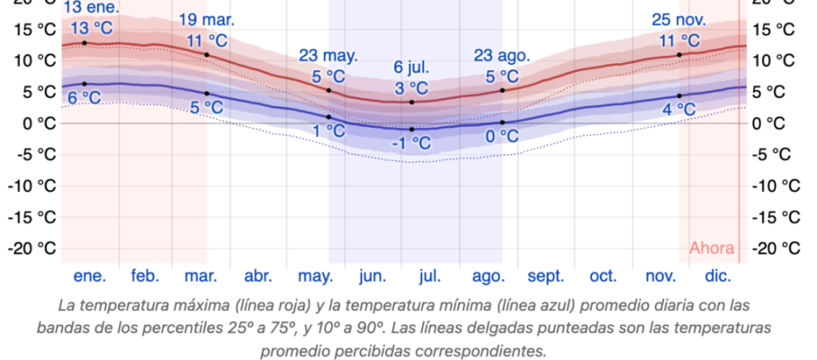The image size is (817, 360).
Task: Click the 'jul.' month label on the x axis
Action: pos(429,276)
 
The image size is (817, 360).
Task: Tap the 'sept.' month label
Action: pos(545,276)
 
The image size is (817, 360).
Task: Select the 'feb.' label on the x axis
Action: pos(145,276)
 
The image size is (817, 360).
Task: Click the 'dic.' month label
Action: pos(718,276)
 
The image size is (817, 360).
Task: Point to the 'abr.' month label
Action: pos(258,276)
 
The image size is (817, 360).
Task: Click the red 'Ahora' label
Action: pos(712,248)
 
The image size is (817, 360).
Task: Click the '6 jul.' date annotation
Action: pos(412,67)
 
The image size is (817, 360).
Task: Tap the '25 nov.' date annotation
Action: pos(679,20)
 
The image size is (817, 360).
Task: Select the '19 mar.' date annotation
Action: pos(207,20)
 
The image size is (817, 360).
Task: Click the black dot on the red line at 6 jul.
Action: pos(412,102)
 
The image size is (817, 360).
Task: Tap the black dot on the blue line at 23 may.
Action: pos(328,117)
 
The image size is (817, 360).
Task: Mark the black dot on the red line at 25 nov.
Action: pos(679,55)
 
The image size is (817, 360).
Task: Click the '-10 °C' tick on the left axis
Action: pos(31,185)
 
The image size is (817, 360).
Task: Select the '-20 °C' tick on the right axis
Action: pos(776,248)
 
